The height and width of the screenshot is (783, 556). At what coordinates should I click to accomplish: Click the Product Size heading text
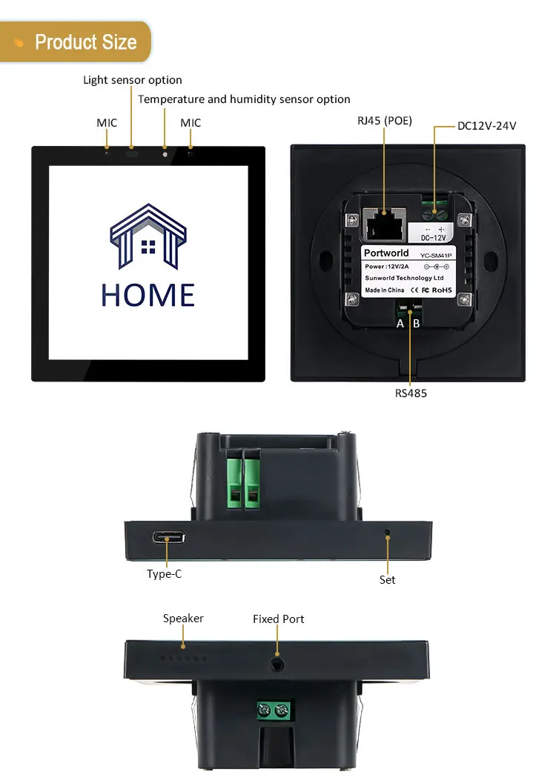tap(85, 41)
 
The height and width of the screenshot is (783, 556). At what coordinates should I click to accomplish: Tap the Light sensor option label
tap(132, 80)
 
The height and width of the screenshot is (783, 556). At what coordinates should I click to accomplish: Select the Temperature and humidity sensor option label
tap(244, 99)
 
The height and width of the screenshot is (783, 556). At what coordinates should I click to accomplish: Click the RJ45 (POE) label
tap(385, 121)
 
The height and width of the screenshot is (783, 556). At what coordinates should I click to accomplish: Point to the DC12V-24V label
tap(486, 126)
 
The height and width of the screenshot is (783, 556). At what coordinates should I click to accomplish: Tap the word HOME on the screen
tap(148, 295)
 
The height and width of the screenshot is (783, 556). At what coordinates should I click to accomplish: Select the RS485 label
tap(411, 393)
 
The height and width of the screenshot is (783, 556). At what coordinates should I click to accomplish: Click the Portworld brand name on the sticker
tap(386, 253)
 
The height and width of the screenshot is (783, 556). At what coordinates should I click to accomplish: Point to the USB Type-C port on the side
tap(169, 538)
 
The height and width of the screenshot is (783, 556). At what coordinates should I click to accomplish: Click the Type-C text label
tap(164, 573)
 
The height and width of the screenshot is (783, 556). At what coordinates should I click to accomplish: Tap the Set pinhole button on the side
tap(388, 533)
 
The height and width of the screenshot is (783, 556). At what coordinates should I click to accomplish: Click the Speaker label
tap(183, 619)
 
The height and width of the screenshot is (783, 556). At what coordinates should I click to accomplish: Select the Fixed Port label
tap(278, 619)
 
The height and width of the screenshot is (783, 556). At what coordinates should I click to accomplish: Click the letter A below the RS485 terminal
tap(400, 323)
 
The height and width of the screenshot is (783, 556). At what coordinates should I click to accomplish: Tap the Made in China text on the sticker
tap(385, 290)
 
